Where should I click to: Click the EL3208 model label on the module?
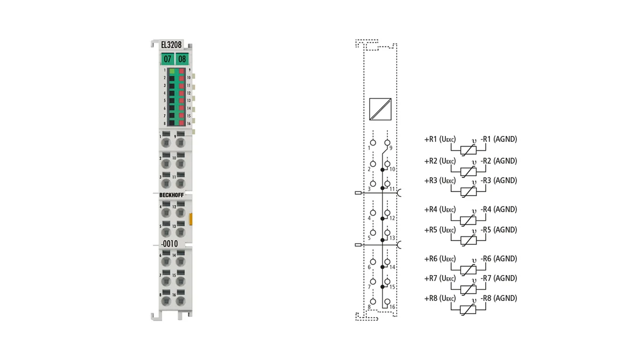(x=171, y=45)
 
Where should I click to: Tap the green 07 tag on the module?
(x=167, y=59)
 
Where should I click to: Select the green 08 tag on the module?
(x=182, y=59)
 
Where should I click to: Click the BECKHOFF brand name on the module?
(x=171, y=195)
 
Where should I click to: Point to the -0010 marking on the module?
(x=170, y=244)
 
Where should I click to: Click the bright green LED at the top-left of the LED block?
(x=172, y=71)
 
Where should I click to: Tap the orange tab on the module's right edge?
(x=191, y=219)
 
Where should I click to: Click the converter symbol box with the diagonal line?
(x=380, y=109)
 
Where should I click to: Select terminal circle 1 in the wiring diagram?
(x=373, y=142)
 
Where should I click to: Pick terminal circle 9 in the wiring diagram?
(x=387, y=142)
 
